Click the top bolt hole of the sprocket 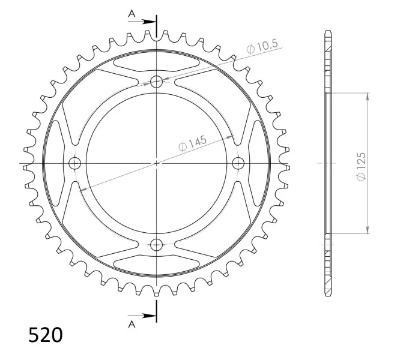pos(157,82)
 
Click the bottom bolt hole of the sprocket pos(157,245)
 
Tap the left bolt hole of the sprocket pos(75,163)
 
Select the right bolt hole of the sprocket pos(238,163)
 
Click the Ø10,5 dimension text pos(262,47)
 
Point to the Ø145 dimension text pos(192,143)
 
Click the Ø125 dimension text pos(361,166)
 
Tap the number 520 pos(46,335)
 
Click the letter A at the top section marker pos(132,13)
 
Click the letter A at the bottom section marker pos(132,324)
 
